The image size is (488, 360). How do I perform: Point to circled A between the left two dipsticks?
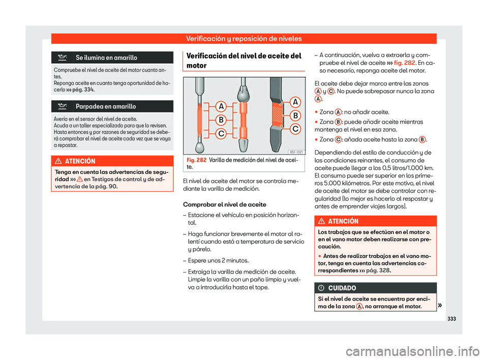click(222, 107)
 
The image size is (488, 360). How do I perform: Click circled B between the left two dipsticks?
click(222, 120)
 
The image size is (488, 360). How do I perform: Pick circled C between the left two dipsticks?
click(222, 134)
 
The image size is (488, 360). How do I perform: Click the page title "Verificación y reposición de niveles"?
click(243, 38)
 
